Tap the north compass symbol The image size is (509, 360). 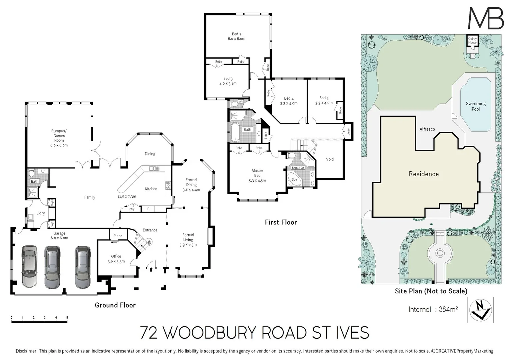[480, 310]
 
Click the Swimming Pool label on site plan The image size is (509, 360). [476, 106]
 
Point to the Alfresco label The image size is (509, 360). [427, 129]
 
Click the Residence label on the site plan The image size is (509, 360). [424, 174]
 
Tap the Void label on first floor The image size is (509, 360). [330, 159]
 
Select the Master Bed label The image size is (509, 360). [257, 173]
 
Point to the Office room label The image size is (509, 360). [116, 259]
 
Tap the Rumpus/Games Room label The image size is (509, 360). [59, 138]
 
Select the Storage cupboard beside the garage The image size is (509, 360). [118, 235]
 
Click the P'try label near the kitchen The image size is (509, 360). [131, 209]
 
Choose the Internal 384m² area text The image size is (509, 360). [433, 309]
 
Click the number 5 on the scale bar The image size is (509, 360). [67, 318]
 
